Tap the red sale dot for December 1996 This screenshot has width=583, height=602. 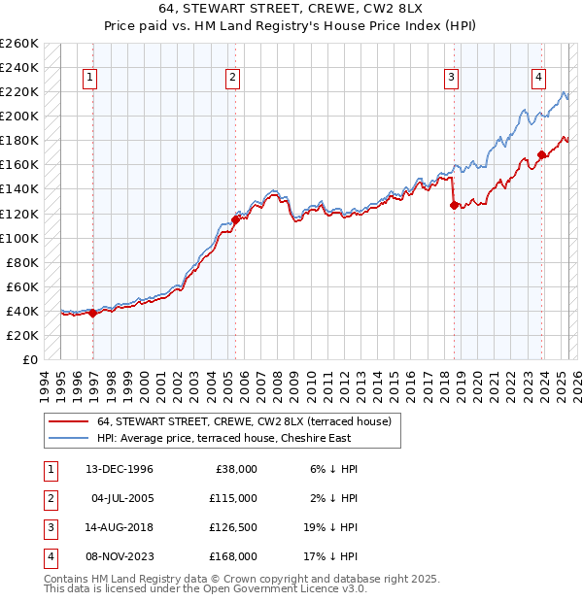point(92,313)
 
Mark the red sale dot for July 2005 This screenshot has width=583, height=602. point(235,219)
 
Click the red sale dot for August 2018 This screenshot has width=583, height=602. point(454,205)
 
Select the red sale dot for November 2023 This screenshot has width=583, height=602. point(541,154)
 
